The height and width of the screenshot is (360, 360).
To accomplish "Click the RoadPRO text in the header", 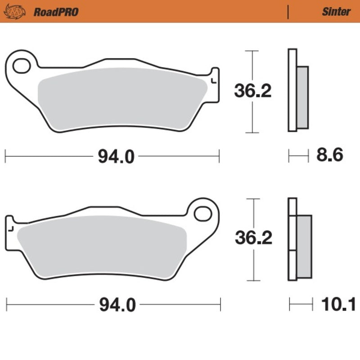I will pyautogui.click(x=56, y=12).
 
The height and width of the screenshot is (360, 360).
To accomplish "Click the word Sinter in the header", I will pyautogui.click(x=336, y=12).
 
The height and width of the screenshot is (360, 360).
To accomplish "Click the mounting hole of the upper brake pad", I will pyautogui.click(x=20, y=66).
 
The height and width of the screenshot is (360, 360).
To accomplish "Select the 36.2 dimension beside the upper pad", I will pyautogui.click(x=252, y=91).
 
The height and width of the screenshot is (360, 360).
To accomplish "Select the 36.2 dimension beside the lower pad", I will pyautogui.click(x=253, y=238).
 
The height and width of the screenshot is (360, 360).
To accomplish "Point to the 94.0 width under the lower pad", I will pyautogui.click(x=116, y=305).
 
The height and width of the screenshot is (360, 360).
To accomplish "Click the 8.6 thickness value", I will pyautogui.click(x=329, y=155).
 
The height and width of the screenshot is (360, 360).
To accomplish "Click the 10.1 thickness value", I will pyautogui.click(x=338, y=305).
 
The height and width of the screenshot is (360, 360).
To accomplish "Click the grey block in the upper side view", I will pyautogui.click(x=302, y=97).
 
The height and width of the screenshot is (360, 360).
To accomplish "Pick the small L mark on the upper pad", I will pyautogui.click(x=213, y=81).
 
